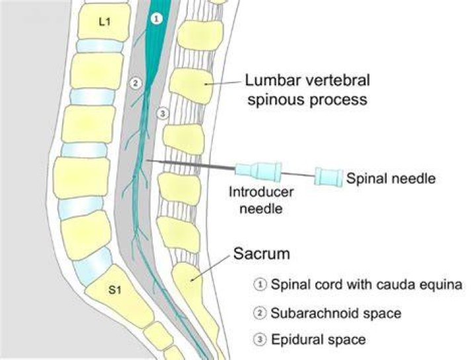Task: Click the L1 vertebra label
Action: pos(104,22)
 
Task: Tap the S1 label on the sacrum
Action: pos(115,290)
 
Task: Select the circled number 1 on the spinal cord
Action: pos(156,19)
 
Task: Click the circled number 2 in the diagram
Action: pos(136,83)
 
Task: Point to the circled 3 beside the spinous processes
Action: pos(163,114)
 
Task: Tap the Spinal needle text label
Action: pos(391,178)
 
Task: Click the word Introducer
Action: pos(261,192)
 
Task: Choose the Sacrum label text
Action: pos(262,254)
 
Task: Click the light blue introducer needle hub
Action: pos(258,172)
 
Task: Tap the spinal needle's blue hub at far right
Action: pos(329,176)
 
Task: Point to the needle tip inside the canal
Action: pos(147,160)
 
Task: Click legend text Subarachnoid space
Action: pos(336,313)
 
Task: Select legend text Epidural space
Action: pos(318,340)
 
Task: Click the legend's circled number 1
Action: pos(260,285)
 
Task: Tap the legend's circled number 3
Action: pos(260,340)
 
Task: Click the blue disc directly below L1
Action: pos(100,46)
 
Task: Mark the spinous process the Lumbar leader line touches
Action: pos(191,86)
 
